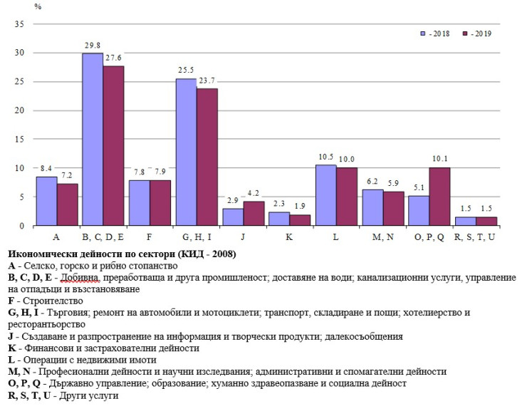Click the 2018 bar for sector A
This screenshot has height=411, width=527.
46,202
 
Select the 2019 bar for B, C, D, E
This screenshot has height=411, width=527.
114,146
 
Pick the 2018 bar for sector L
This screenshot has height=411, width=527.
325,195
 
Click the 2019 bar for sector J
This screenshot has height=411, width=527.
254,214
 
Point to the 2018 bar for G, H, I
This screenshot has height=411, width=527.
186,152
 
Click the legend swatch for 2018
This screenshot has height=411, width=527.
423,33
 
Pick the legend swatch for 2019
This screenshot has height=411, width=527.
465,33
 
